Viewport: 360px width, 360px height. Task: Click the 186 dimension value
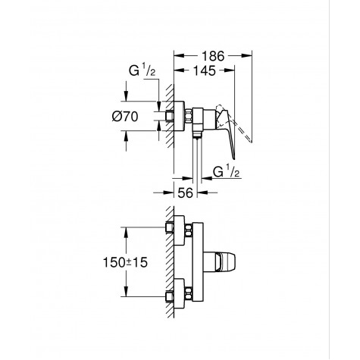pyautogui.click(x=213, y=56)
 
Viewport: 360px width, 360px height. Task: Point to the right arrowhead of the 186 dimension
pyautogui.click(x=249, y=56)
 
